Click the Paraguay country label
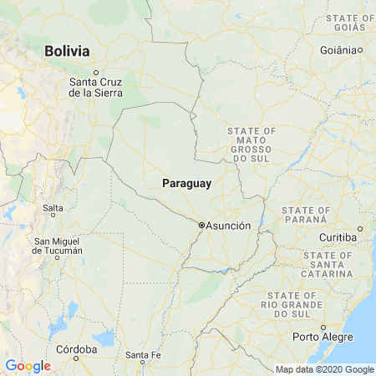(187, 183)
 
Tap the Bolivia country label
(67, 51)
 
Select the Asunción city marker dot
(201, 225)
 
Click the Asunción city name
(228, 226)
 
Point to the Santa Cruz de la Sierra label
(96, 87)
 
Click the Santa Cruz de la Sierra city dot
(95, 72)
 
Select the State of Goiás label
(350, 23)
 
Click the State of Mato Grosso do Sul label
(252, 145)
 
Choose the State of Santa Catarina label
(328, 264)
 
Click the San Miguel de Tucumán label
(58, 246)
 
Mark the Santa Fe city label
(143, 355)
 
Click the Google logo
(28, 365)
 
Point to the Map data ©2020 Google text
(325, 369)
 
